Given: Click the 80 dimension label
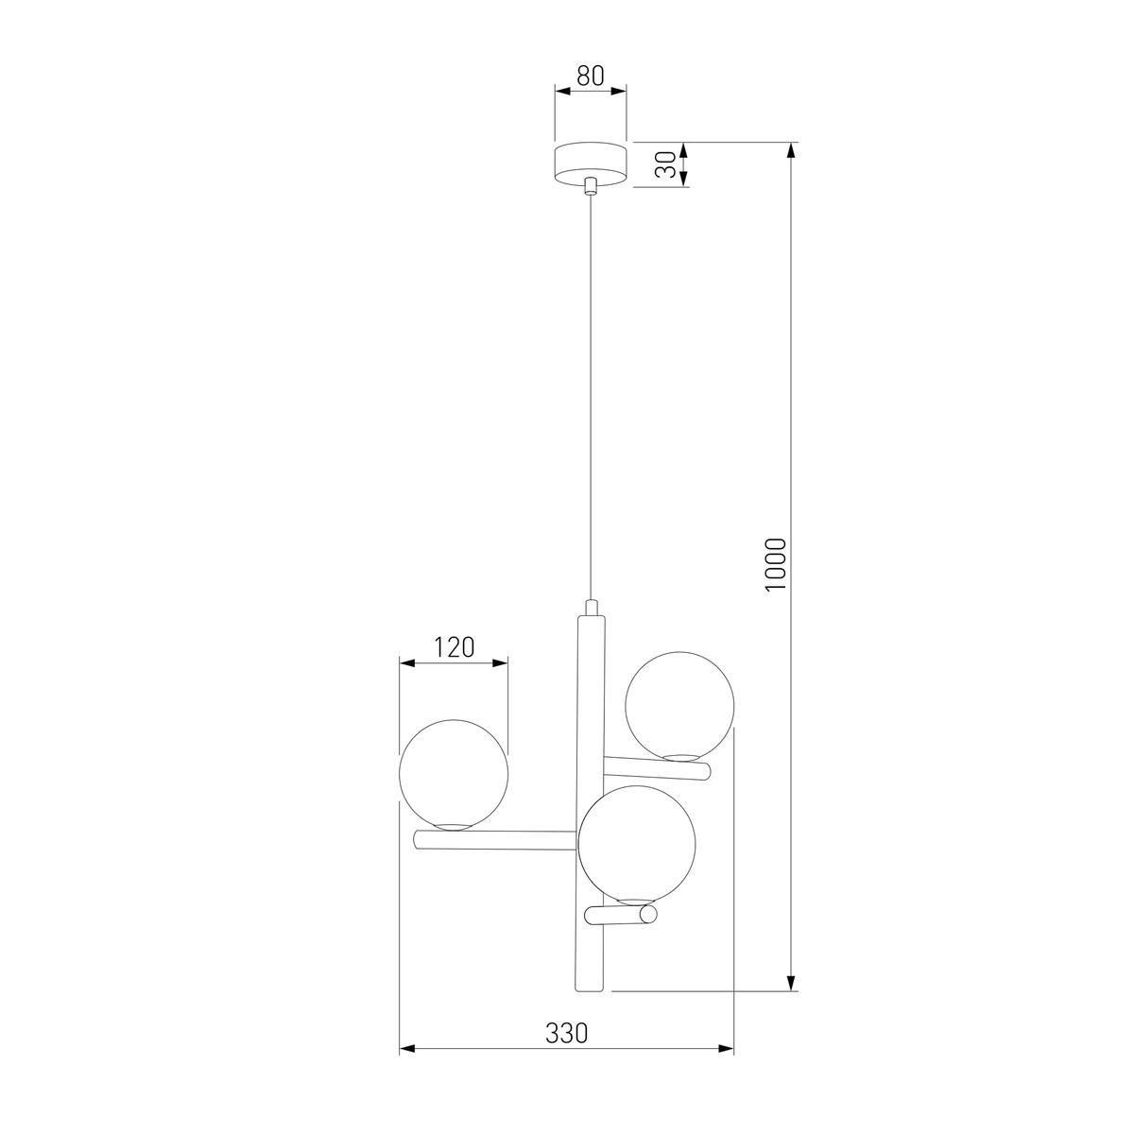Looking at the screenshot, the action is pos(591,76).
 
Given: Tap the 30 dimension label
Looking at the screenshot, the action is pos(664,164).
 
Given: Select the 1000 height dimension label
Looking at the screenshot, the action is pos(776,565).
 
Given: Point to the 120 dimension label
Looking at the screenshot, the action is pos(454,647).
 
